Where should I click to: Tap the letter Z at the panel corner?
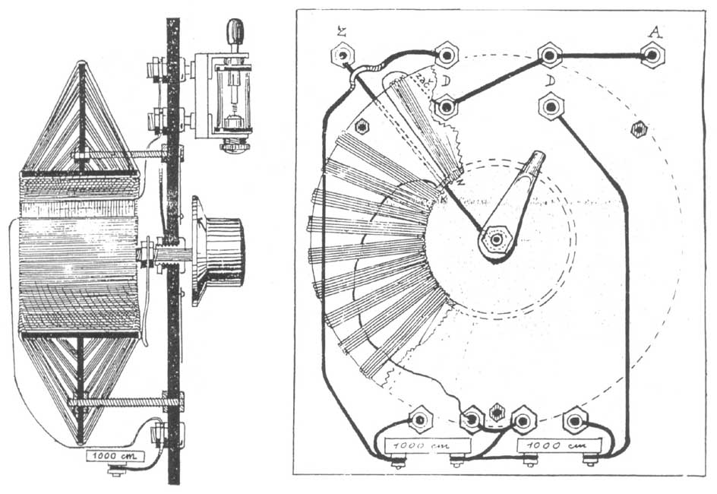coord(341,31)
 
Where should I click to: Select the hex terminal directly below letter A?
coord(651,55)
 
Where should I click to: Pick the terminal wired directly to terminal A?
coord(549,55)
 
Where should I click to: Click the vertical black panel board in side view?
coord(173,251)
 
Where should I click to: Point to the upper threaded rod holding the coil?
coord(122,156)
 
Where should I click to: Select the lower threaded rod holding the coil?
coord(122,400)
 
